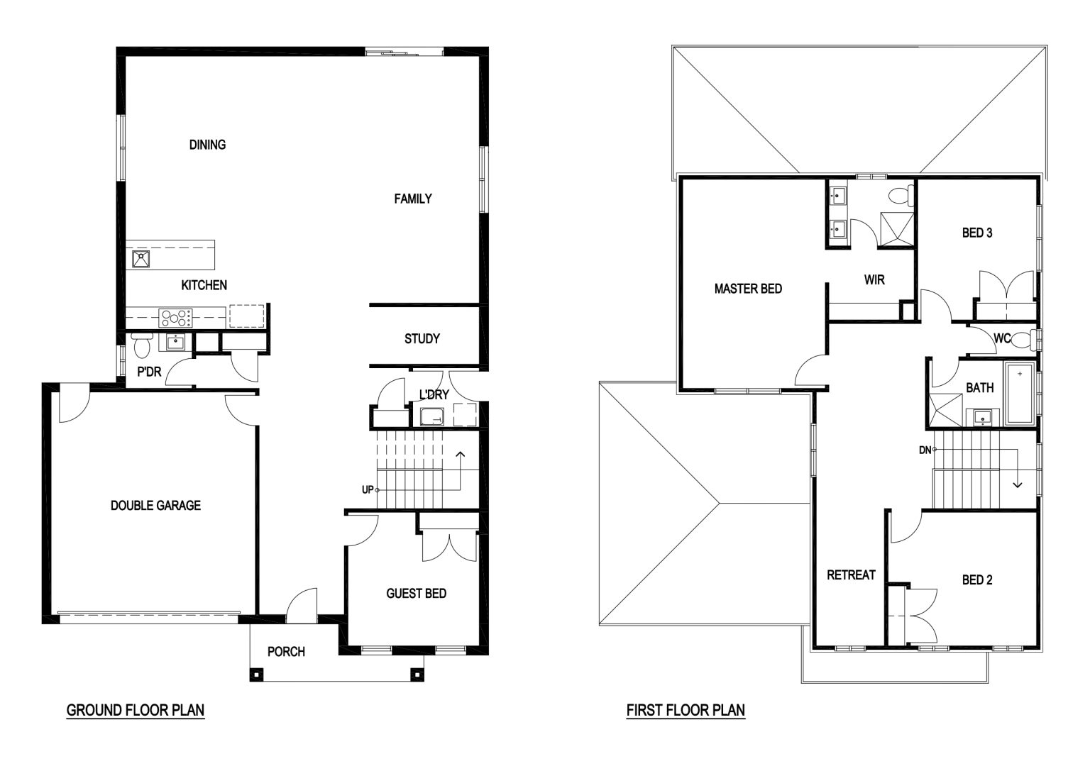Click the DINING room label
pyautogui.click(x=207, y=145)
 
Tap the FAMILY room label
pyautogui.click(x=412, y=199)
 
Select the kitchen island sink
pyautogui.click(x=141, y=259)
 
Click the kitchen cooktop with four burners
pyautogui.click(x=175, y=318)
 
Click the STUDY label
pyautogui.click(x=422, y=338)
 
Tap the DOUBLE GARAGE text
pyautogui.click(x=155, y=506)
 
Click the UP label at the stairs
pyautogui.click(x=368, y=490)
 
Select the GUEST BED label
pyautogui.click(x=416, y=594)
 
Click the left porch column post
pyautogui.click(x=256, y=675)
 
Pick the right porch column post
pyautogui.click(x=417, y=675)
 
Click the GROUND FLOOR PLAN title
pyautogui.click(x=136, y=710)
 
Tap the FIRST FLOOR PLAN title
pyautogui.click(x=686, y=710)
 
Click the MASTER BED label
pyautogui.click(x=748, y=289)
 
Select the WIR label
pyautogui.click(x=874, y=279)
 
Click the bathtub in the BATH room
pyautogui.click(x=1020, y=393)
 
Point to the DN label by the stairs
pyautogui.click(x=925, y=450)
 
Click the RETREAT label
pyautogui.click(x=851, y=575)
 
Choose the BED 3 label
pyautogui.click(x=977, y=233)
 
